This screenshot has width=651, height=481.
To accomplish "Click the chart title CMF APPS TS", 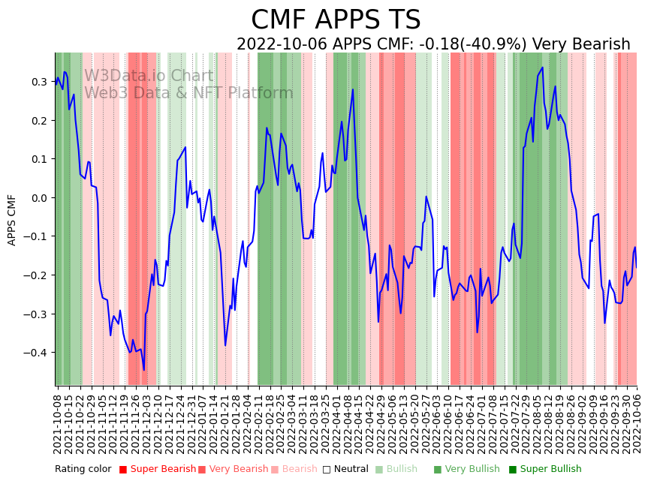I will [x=336, y=20].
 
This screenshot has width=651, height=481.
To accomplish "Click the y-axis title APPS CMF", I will [x=12, y=220].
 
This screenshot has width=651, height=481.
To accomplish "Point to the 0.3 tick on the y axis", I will [x=39, y=82].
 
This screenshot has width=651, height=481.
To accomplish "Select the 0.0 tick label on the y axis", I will [x=39, y=198].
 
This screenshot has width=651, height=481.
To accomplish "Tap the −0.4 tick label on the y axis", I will [x=36, y=353].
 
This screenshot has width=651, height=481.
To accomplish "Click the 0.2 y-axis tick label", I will [x=39, y=121].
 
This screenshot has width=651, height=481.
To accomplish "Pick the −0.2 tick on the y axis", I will [x=36, y=275].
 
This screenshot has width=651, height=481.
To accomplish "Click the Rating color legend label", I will [x=83, y=470].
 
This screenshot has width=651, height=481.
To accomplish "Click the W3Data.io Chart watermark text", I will [x=149, y=77].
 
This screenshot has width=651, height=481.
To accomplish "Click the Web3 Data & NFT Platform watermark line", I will [x=188, y=93].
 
